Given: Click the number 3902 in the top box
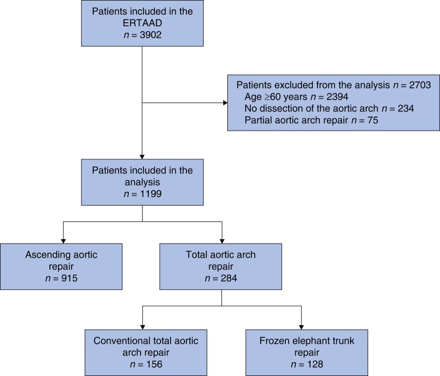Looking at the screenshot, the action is coord(151,35).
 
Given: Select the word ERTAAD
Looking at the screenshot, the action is coord(142,23).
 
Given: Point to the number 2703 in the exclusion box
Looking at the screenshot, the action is coord(419,85).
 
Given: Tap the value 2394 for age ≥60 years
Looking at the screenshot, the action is coord(337,97).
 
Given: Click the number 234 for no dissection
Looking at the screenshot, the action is coord(406,108).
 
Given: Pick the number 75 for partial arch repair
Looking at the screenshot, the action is coord(373,120).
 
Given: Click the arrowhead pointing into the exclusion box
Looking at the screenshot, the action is coord(226,102).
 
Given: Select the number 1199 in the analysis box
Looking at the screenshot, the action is coord(151,194).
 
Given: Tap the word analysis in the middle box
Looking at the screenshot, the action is coord(142,182).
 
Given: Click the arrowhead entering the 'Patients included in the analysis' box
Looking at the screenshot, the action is coord(142,157).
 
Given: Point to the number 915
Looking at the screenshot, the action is coord(69,278).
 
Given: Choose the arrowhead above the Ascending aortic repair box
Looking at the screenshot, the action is coord(63,241).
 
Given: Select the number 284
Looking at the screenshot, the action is coord(228,278).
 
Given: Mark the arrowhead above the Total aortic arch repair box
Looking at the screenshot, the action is coord(222,241).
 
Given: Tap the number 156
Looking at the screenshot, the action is coord(154,364).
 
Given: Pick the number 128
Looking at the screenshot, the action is coord(315,364).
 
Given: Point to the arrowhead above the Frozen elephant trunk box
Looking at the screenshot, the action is coord(301,327).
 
